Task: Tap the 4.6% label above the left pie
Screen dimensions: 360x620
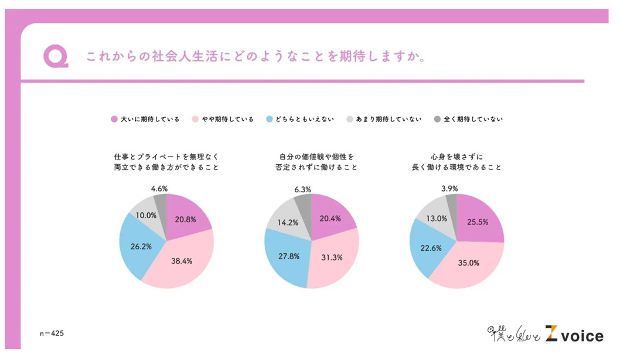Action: (159, 189)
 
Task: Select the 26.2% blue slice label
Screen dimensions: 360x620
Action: (141, 246)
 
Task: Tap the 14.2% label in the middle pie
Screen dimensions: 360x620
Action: (287, 222)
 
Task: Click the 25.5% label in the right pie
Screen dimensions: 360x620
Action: (479, 223)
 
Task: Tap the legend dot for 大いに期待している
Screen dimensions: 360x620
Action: (114, 119)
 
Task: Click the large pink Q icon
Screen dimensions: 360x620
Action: (56, 57)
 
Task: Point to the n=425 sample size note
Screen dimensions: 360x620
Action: (52, 334)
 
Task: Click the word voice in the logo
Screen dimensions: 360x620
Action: (582, 335)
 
